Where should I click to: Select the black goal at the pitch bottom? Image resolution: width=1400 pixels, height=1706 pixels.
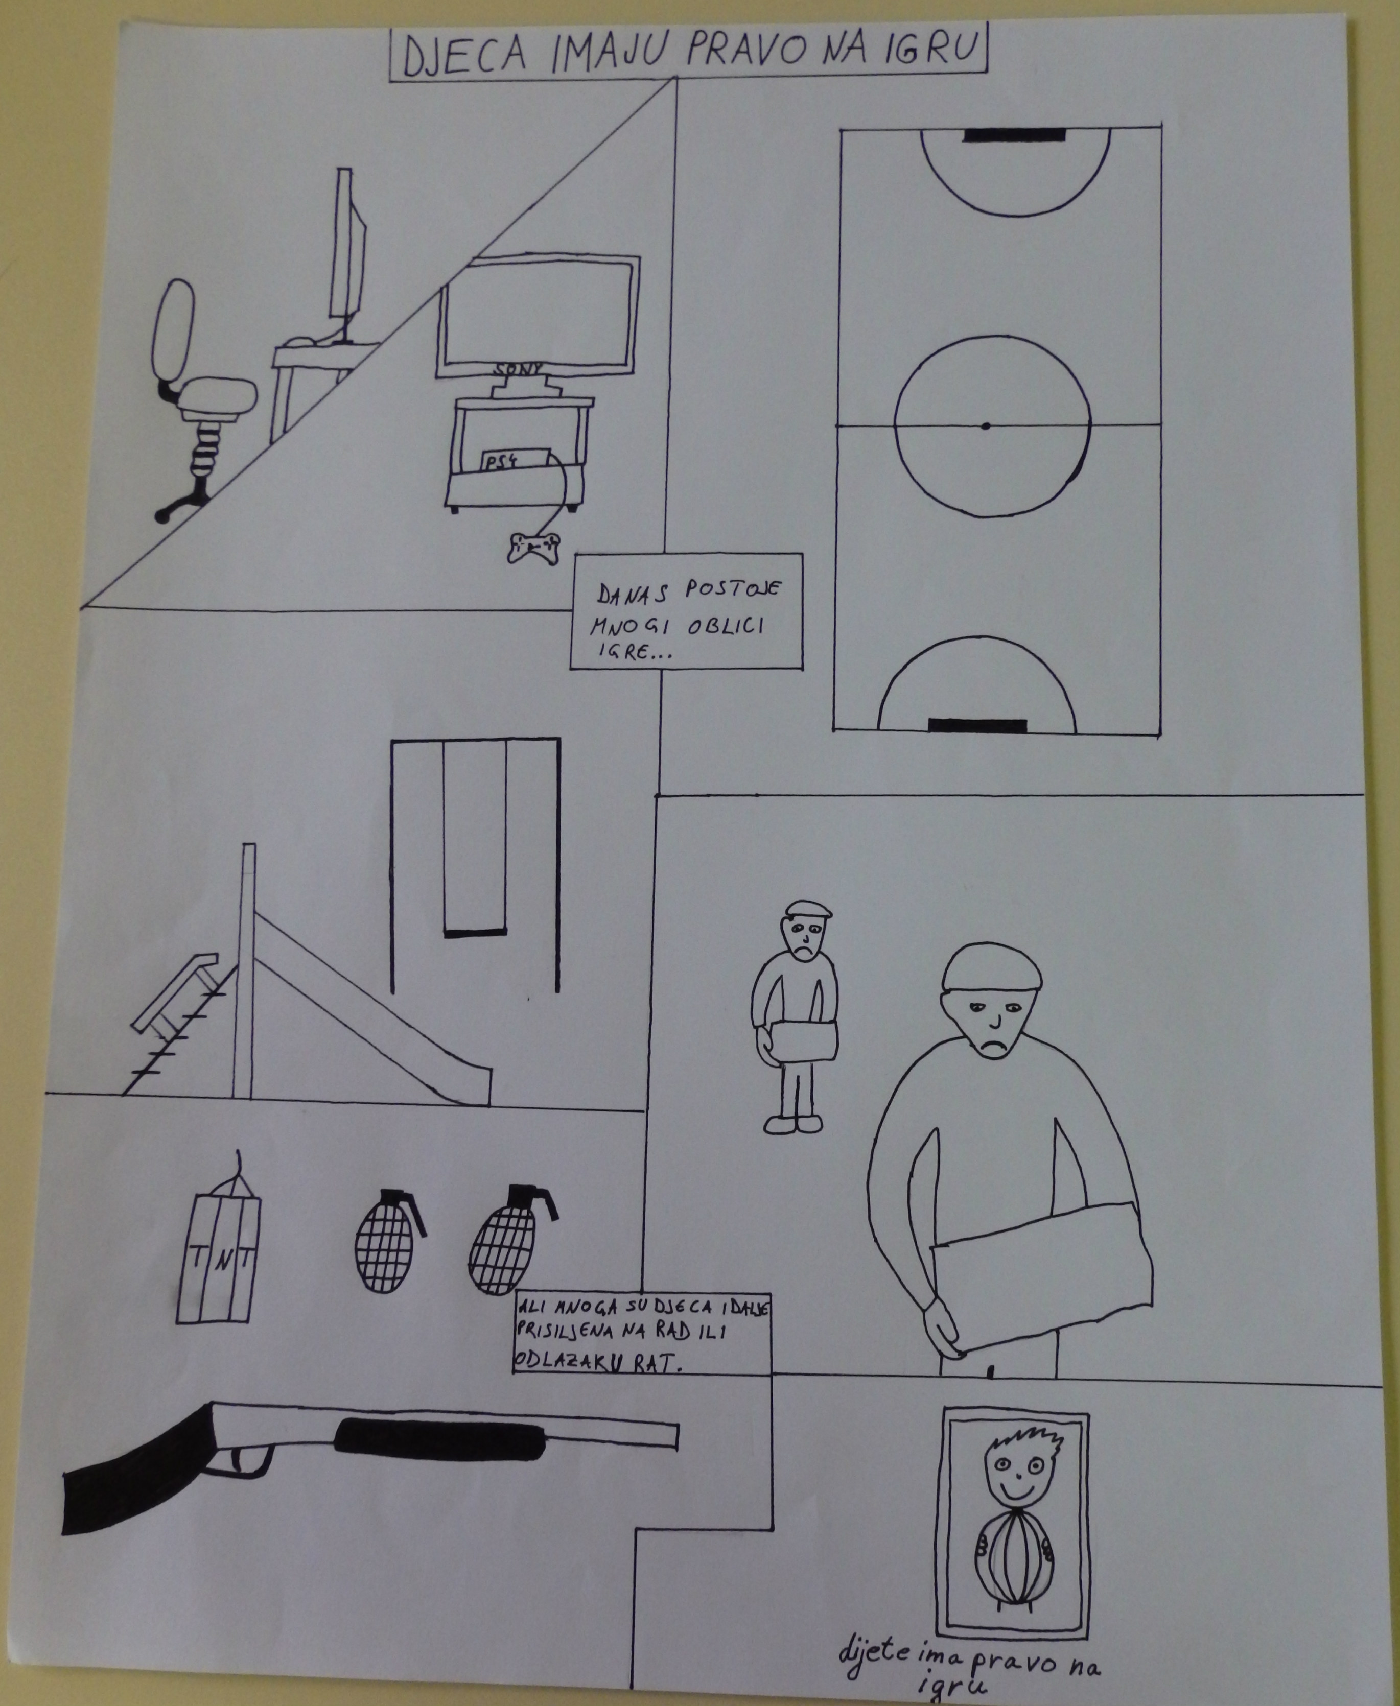pos(977,725)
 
